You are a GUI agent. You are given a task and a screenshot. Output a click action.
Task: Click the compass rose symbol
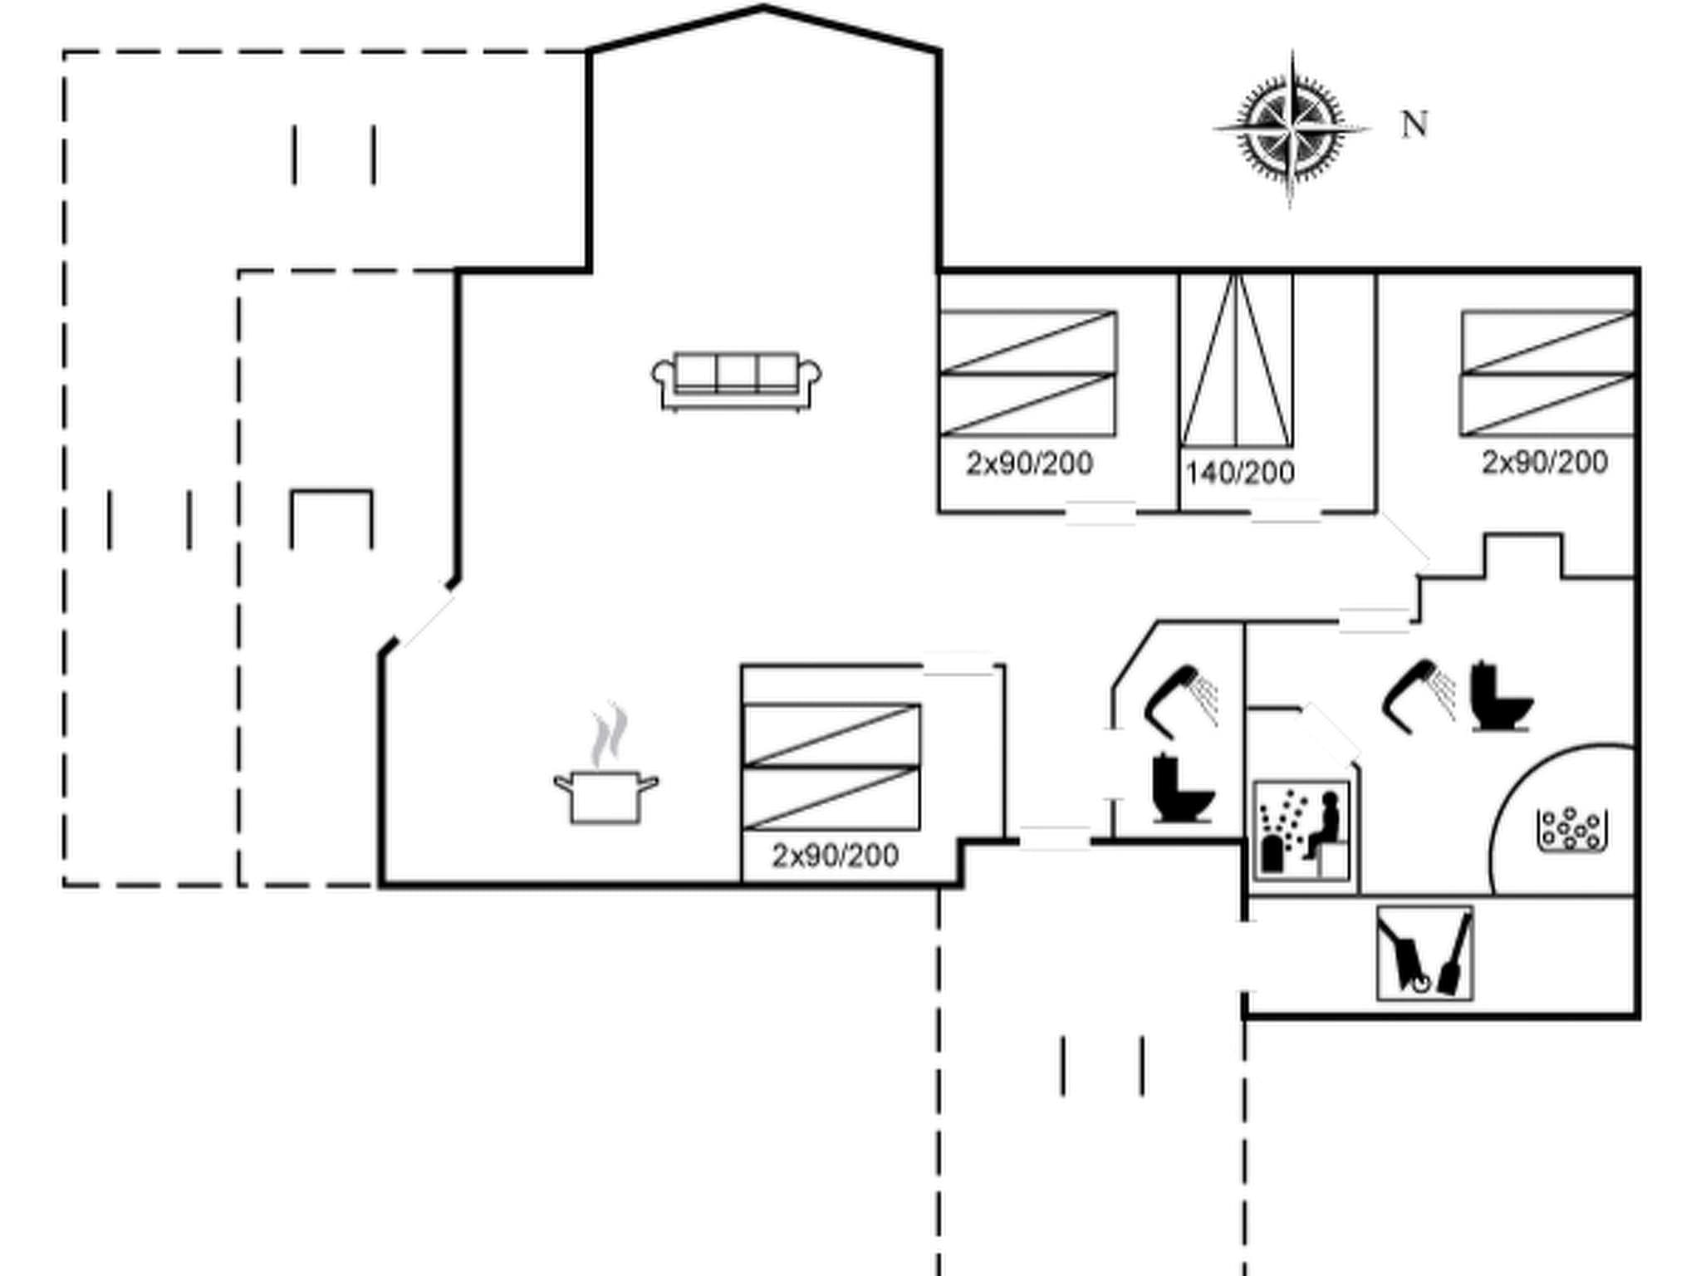(x=1290, y=130)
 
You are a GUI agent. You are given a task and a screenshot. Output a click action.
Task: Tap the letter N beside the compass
(x=1414, y=125)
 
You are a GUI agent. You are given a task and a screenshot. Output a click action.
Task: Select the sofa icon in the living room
(x=737, y=381)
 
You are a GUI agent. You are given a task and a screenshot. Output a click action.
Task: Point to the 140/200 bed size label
(x=1240, y=474)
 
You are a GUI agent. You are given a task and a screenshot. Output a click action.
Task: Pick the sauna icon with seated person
(x=1301, y=831)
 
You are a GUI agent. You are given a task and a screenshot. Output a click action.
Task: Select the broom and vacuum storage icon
(x=1424, y=953)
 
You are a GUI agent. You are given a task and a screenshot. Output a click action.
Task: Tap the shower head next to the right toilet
(x=1417, y=694)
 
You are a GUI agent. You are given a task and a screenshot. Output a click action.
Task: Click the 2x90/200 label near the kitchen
(x=835, y=856)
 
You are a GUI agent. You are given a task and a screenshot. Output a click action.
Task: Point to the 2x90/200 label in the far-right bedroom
(x=1545, y=462)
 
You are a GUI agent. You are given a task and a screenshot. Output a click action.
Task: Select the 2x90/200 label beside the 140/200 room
(x=1029, y=464)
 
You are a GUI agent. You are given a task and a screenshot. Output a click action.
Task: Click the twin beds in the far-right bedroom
(x=1547, y=373)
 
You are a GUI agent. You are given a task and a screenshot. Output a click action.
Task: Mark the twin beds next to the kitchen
(x=831, y=767)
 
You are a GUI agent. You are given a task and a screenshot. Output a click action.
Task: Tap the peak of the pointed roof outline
(x=763, y=7)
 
